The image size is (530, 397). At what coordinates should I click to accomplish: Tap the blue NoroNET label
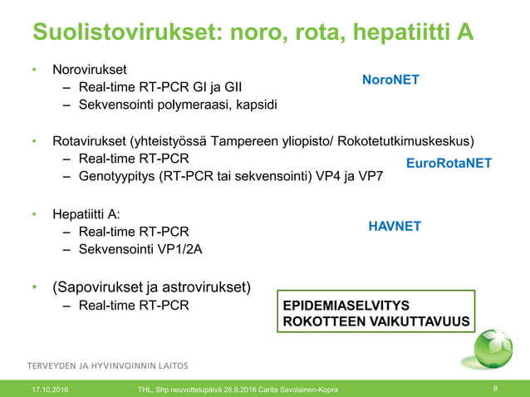390,80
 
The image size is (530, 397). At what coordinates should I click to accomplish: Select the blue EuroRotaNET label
449,164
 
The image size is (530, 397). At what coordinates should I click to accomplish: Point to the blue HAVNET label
395,226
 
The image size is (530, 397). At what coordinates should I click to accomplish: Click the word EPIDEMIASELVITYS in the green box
346,305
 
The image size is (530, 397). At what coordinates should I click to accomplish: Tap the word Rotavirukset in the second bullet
89,140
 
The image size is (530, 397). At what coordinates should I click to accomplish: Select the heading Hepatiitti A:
86,213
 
